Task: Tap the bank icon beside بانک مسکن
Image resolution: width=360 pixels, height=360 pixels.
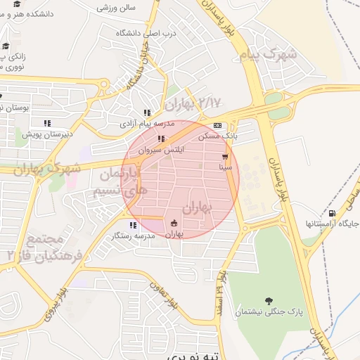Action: click(x=217, y=126)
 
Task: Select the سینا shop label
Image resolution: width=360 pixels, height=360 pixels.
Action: click(x=226, y=167)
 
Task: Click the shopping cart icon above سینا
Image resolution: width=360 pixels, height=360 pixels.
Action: click(x=225, y=157)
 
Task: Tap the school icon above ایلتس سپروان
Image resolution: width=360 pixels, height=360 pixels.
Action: click(x=161, y=139)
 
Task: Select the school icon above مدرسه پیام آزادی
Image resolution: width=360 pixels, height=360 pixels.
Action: click(x=147, y=112)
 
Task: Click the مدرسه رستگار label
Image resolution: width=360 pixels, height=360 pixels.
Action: click(x=134, y=236)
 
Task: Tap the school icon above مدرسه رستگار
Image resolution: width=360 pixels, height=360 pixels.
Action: click(x=133, y=226)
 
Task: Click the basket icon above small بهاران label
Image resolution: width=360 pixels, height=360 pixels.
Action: click(x=174, y=224)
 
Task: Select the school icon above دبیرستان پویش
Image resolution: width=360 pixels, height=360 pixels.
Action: click(x=47, y=123)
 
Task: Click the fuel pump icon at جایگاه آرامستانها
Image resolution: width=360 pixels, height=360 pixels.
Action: click(x=332, y=213)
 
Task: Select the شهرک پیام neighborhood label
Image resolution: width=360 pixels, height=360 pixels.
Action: click(x=268, y=54)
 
